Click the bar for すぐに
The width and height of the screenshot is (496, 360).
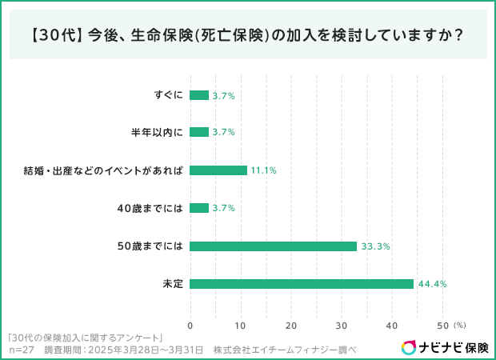pyautogui.click(x=199, y=95)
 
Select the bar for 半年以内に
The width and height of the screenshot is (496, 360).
pyautogui.click(x=199, y=132)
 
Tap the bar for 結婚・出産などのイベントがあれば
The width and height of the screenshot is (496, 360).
pyautogui.click(x=218, y=170)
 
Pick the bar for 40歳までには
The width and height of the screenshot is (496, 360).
pyautogui.click(x=199, y=208)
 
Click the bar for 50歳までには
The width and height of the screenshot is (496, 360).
pyautogui.click(x=273, y=246)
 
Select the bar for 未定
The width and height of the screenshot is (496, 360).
pyautogui.click(x=302, y=284)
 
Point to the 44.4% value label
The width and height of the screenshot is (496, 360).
pyautogui.click(x=431, y=284)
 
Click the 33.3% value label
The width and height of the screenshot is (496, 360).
pyautogui.click(x=375, y=246)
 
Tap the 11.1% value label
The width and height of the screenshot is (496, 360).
pyautogui.click(x=263, y=170)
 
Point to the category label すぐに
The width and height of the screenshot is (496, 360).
pyautogui.click(x=169, y=95)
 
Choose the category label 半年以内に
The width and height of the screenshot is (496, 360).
pyautogui.click(x=157, y=132)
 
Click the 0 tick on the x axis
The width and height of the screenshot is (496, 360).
pyautogui.click(x=190, y=326)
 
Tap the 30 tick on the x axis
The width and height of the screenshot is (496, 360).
pyautogui.click(x=342, y=326)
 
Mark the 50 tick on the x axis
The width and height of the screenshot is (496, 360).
pyautogui.click(x=442, y=326)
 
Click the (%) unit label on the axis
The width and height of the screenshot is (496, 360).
pyautogui.click(x=459, y=326)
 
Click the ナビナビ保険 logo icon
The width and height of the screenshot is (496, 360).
pyautogui.click(x=408, y=347)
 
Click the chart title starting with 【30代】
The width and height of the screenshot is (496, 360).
pyautogui.click(x=248, y=36)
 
